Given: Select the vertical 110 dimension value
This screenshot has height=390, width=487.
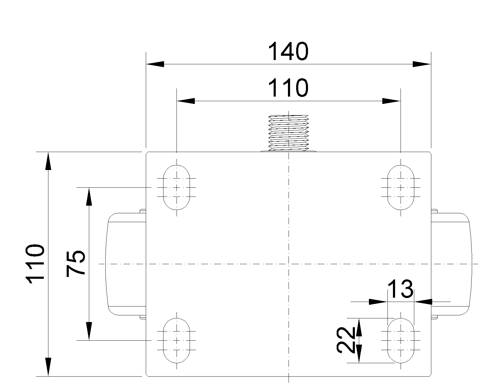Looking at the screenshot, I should (36, 264).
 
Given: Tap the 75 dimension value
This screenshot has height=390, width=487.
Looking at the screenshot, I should (75, 264).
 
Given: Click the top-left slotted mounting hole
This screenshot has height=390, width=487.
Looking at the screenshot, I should (177, 187).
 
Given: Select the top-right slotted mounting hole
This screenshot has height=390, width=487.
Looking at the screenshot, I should (401, 187).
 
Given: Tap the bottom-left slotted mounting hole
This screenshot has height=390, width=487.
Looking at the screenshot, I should (177, 340).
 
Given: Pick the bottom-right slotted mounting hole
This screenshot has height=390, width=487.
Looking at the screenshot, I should (401, 340).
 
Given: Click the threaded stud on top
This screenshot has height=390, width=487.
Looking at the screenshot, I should (289, 133).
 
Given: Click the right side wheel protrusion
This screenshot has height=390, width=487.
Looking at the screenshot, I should (452, 264).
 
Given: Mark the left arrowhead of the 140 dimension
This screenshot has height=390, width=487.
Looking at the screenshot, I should (155, 64).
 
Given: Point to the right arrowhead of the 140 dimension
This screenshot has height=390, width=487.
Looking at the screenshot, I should (422, 64).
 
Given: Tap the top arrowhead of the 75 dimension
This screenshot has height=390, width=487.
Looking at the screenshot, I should (89, 197).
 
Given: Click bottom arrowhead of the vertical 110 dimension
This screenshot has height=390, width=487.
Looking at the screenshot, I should (48, 367).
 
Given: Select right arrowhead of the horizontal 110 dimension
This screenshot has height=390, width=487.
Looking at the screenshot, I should (391, 101).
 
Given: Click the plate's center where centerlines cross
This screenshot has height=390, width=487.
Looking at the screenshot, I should (289, 264).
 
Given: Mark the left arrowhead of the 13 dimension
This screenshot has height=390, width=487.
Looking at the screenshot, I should (377, 302).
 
